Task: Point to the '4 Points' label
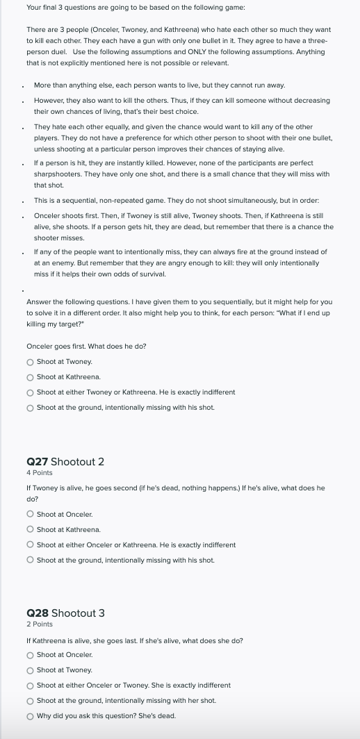pos(39,472)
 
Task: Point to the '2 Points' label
pos(39,624)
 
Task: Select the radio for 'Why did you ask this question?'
pos(30,716)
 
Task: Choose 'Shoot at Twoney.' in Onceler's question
pos(30,362)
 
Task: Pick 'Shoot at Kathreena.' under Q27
pos(30,530)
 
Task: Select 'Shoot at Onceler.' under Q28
pos(30,655)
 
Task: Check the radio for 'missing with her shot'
pos(30,701)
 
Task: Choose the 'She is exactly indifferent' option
pos(30,686)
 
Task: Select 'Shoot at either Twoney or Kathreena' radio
pos(30,392)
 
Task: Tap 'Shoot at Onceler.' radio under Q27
pos(30,515)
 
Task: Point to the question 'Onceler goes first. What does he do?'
pos(86,346)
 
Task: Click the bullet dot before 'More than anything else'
pos(24,86)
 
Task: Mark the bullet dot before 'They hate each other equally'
pos(24,127)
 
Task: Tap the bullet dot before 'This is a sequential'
pos(24,201)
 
